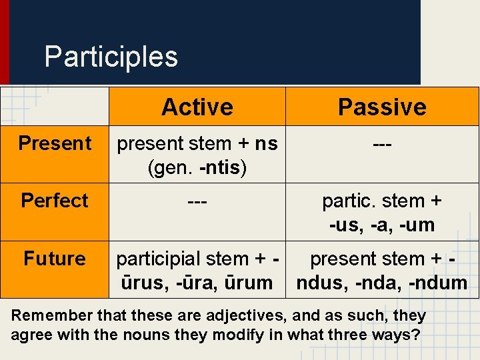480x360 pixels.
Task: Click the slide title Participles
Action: (x=111, y=57)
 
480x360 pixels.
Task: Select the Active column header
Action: (x=197, y=107)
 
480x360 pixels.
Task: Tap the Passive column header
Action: (x=382, y=107)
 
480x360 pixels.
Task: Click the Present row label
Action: (x=55, y=143)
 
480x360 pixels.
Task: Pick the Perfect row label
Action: (x=55, y=201)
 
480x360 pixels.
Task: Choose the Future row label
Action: (x=55, y=259)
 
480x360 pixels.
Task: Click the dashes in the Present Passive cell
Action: (x=382, y=144)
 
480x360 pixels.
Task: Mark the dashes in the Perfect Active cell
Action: (x=197, y=201)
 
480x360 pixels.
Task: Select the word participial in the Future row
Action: (x=157, y=259)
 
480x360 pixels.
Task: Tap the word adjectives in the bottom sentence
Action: (x=219, y=316)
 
